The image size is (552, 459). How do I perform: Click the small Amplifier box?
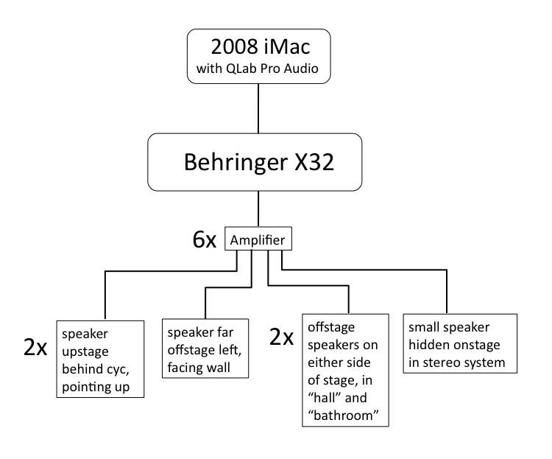click(x=258, y=240)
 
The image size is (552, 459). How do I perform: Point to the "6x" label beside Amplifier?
click(x=202, y=240)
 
